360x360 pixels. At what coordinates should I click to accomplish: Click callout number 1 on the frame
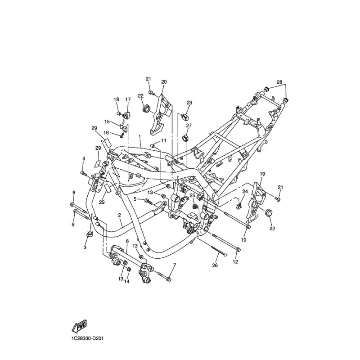click(x=139, y=136)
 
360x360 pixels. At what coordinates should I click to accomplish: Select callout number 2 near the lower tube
click(x=119, y=215)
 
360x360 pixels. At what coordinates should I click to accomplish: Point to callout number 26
click(x=215, y=265)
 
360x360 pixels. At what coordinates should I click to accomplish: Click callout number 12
click(x=235, y=261)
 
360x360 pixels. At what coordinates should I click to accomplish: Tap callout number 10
click(x=243, y=240)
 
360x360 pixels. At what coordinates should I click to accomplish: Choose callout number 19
click(x=262, y=174)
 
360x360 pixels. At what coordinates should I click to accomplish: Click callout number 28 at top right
click(x=279, y=82)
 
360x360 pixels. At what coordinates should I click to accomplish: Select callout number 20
click(x=164, y=82)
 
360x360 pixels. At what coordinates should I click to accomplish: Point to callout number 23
click(x=189, y=103)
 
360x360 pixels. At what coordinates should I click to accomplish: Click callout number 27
click(x=189, y=126)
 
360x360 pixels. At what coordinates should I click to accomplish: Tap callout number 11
click(x=163, y=140)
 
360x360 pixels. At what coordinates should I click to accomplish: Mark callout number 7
click(x=175, y=265)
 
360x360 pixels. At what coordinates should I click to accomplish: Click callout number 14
click(x=127, y=282)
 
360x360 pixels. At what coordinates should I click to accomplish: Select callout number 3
click(x=85, y=247)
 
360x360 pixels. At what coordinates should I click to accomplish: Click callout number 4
click(x=84, y=158)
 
